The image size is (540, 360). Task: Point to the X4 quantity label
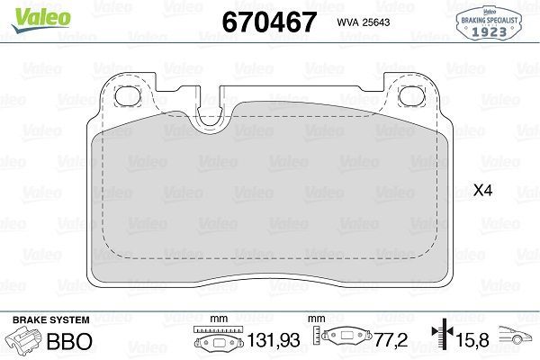(484, 191)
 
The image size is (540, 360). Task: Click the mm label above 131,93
(215, 319)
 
